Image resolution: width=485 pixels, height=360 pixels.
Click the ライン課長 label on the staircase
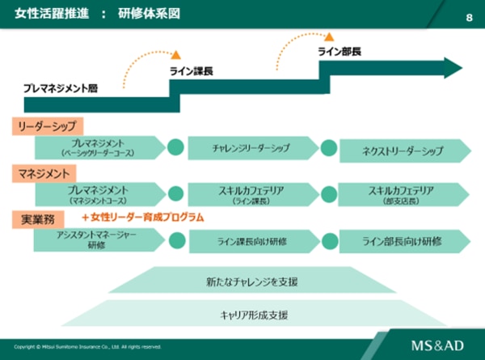[191, 72]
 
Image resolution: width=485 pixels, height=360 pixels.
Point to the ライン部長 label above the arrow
[339, 51]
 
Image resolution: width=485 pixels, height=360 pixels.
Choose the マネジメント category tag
[44, 172]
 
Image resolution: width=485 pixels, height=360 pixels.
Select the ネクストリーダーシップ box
[403, 150]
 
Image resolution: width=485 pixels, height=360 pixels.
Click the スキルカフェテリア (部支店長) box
[403, 194]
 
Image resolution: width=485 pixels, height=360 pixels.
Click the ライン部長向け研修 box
[403, 240]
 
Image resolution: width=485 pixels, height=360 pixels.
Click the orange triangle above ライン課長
[175, 55]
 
